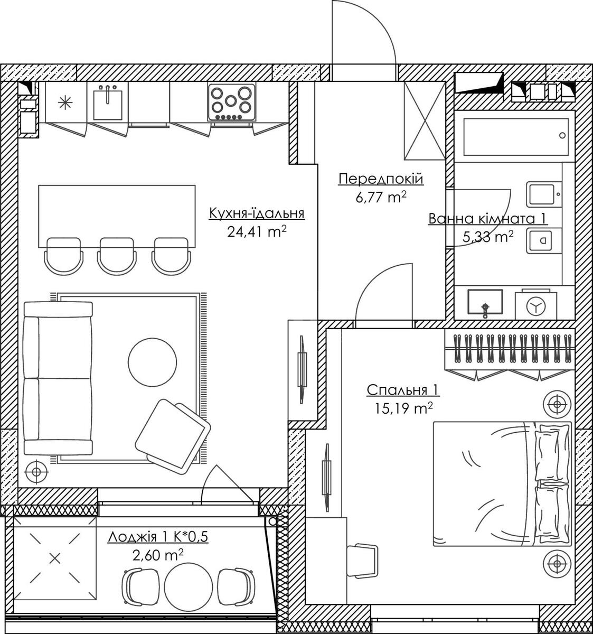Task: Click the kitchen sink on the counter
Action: coord(108,103)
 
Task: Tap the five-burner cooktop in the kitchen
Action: coord(232,102)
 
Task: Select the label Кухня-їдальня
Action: coord(257,213)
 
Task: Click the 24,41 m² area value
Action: coord(257,231)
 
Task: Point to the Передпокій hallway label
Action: coord(381,179)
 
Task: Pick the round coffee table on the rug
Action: coord(152,362)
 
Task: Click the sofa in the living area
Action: coord(58,378)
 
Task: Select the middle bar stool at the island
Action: coord(117,256)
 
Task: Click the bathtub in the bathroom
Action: coord(516,137)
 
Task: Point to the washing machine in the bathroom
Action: coord(536,305)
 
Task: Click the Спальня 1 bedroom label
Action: coord(403,390)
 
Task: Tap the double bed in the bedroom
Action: coord(502,483)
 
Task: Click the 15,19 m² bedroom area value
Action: coord(403,408)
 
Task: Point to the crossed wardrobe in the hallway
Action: coord(425,120)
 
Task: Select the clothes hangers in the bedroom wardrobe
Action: coord(510,348)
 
